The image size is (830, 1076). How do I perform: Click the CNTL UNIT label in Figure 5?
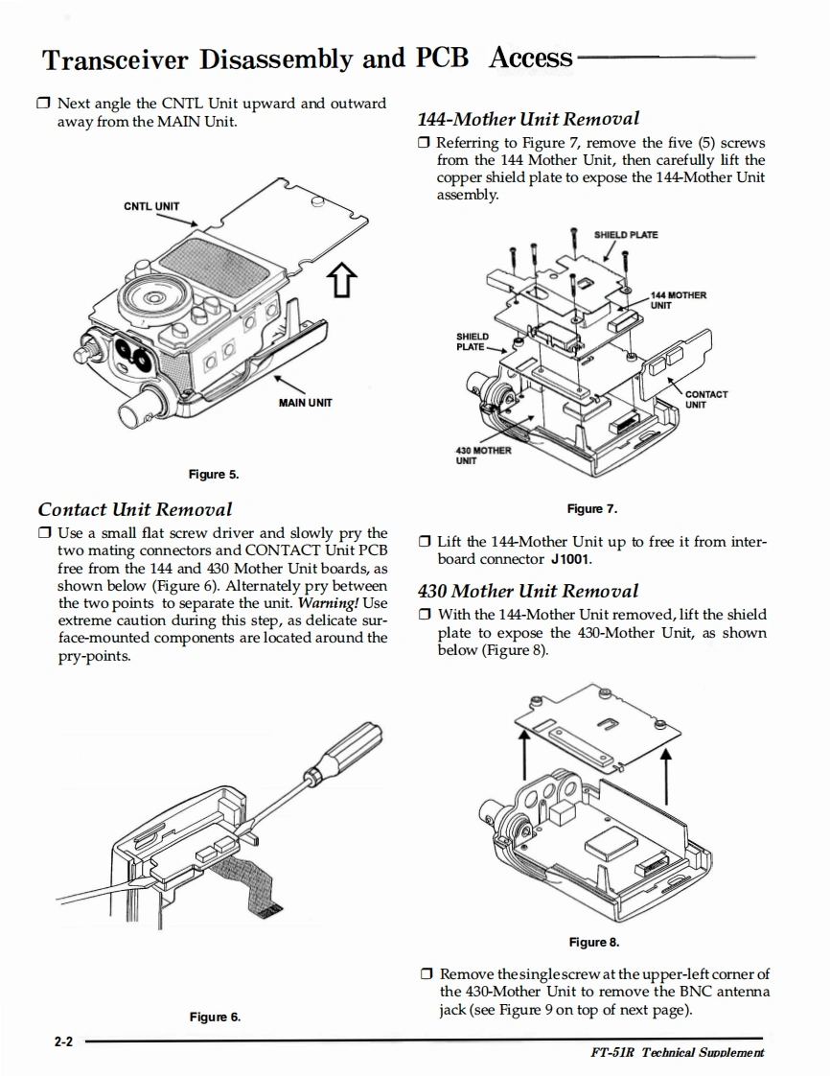(x=151, y=205)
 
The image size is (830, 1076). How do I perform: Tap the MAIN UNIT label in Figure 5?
(x=306, y=403)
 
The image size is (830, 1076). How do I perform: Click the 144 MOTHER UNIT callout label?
(x=679, y=300)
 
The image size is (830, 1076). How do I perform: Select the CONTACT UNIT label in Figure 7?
(x=707, y=399)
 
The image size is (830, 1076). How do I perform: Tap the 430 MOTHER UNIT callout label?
(x=483, y=455)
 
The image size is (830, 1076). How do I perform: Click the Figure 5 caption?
(x=214, y=474)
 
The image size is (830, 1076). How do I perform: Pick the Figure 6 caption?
(x=215, y=1017)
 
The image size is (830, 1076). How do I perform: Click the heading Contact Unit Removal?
(x=135, y=509)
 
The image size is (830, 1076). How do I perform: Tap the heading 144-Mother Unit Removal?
(x=528, y=119)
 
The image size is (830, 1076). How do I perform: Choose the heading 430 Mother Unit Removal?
(x=528, y=591)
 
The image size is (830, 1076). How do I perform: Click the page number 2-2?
(x=64, y=1040)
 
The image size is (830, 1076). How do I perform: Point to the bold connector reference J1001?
(x=572, y=558)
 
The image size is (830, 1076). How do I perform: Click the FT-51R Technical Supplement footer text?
(x=679, y=1052)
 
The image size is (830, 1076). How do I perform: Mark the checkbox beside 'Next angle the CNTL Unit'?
(x=45, y=103)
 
